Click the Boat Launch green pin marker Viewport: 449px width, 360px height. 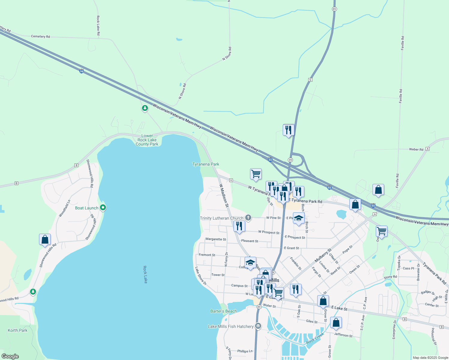tap(103, 207)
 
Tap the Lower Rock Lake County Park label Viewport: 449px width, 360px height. tap(147, 140)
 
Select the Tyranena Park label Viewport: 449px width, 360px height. tap(206, 164)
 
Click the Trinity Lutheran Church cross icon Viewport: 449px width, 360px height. tap(248, 218)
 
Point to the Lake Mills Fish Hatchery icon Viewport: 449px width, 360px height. tap(258, 326)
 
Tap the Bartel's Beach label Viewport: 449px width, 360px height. tap(224, 311)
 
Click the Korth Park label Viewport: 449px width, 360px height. tap(17, 330)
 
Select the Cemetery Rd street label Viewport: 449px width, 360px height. tap(41, 36)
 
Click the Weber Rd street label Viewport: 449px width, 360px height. tap(416, 149)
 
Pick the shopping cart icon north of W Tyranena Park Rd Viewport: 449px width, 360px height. tap(256, 174)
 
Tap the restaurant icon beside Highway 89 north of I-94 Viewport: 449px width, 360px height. tap(288, 130)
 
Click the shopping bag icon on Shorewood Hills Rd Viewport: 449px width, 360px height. tap(45, 239)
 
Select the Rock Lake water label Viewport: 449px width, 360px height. tap(145, 274)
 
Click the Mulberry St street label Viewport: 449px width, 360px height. tap(323, 255)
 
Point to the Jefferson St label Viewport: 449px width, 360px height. tap(343, 335)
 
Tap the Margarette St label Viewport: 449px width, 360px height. tap(216, 239)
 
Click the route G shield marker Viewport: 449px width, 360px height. tap(310, 80)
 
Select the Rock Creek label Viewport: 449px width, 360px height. tap(315, 338)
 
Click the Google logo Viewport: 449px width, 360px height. tap(10, 356)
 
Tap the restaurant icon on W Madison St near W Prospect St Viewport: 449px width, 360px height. tap(239, 226)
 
